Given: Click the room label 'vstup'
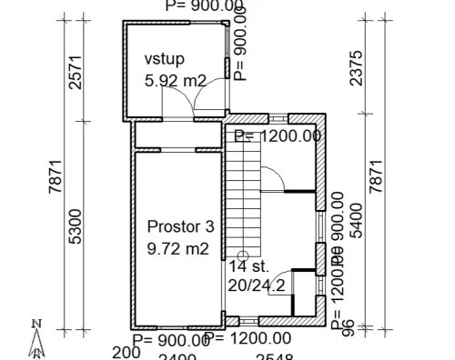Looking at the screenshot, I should [x=164, y=59].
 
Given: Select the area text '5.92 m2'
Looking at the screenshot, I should [x=176, y=80].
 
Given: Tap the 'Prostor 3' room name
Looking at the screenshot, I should [x=181, y=226].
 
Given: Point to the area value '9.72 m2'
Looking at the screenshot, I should [x=178, y=247].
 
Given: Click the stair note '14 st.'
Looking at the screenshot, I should [x=248, y=267].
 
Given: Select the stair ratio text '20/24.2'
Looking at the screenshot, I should [x=258, y=285].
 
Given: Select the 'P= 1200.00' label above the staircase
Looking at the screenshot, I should [x=278, y=136].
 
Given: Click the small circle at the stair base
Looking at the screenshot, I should [x=243, y=255].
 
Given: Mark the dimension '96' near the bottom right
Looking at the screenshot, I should [x=348, y=329].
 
